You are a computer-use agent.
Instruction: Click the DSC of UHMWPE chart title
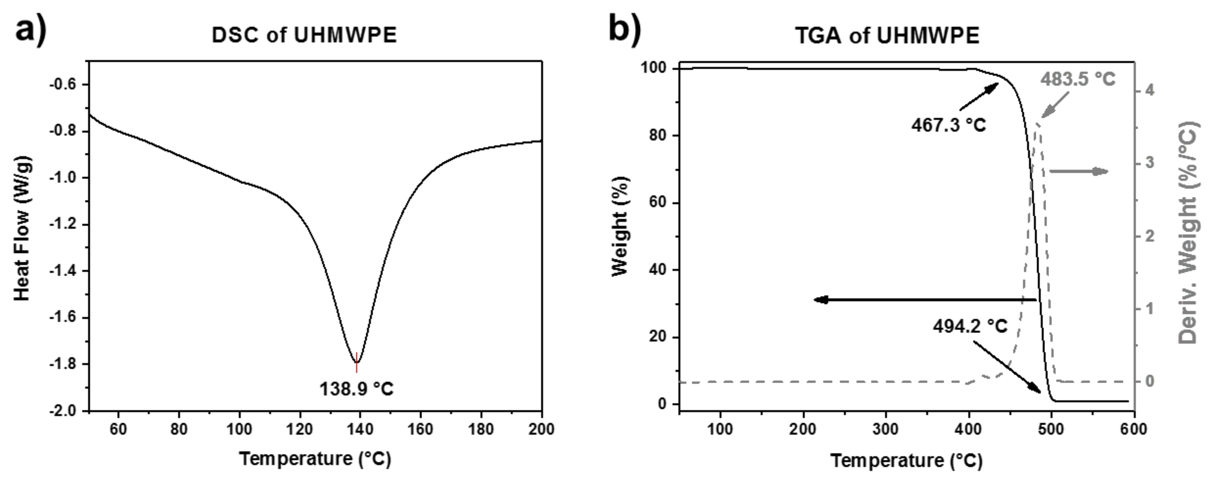304,35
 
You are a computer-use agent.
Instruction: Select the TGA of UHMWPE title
887,35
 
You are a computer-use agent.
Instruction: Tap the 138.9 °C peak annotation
356,389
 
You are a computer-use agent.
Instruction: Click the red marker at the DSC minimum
357,363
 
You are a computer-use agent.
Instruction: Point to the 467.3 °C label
948,125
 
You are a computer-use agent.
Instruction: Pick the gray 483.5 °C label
1078,79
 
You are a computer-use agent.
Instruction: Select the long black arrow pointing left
924,299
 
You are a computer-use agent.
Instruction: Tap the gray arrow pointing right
1079,171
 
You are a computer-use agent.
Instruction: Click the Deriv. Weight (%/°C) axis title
1188,233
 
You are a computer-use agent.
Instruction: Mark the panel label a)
31,31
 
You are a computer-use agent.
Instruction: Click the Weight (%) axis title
620,226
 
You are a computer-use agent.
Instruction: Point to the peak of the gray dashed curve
1036,124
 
